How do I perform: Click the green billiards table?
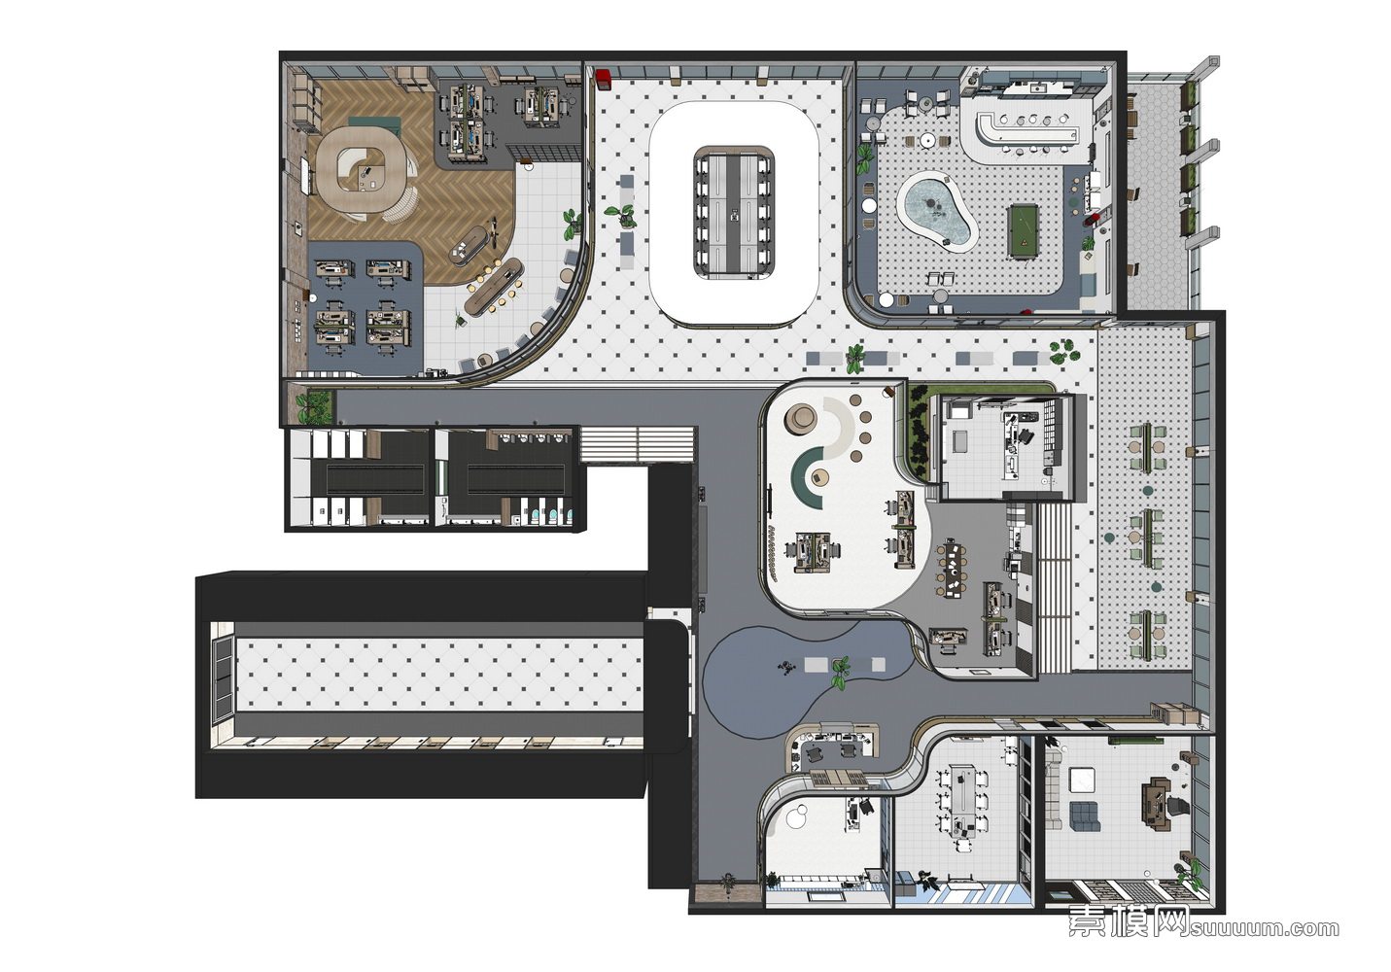(x=1026, y=229)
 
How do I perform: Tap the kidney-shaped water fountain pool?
(x=935, y=211)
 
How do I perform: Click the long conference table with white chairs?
(x=733, y=213)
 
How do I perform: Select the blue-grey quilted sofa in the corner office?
(x=1084, y=816)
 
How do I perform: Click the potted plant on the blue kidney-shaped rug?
(x=842, y=672)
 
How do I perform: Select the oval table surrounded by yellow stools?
(x=495, y=287)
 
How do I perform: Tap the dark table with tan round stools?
(x=951, y=570)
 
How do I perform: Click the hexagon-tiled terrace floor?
(x=1157, y=197)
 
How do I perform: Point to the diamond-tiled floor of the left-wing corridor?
(x=439, y=675)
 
